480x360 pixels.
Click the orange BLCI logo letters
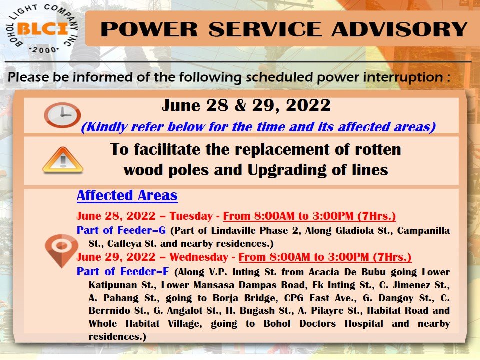[x=43, y=29]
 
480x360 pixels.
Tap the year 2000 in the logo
[x=44, y=50]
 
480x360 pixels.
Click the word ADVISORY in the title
[x=399, y=29]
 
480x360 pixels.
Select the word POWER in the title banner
[x=149, y=29]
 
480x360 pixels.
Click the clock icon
[x=62, y=115]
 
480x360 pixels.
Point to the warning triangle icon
[x=63, y=160]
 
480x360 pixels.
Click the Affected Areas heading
[x=127, y=195]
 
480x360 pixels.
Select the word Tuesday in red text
[x=191, y=216]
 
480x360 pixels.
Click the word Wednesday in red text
[x=199, y=257]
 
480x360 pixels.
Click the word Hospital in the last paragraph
[x=364, y=324]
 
